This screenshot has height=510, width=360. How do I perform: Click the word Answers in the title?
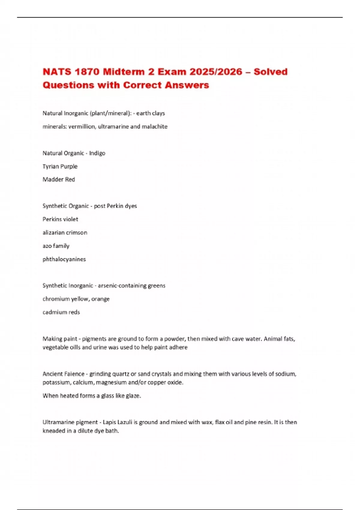pyautogui.click(x=187, y=85)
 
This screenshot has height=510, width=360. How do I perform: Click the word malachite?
pyautogui.click(x=154, y=127)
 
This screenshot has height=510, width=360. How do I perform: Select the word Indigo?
pyautogui.click(x=97, y=153)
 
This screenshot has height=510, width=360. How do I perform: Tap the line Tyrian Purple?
pyautogui.click(x=60, y=166)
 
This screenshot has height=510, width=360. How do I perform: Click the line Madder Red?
pyautogui.click(x=59, y=179)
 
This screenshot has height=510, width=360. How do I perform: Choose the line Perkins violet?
pyautogui.click(x=60, y=219)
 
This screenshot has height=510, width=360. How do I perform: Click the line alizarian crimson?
pyautogui.click(x=65, y=232)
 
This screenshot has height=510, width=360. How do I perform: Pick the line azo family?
pyautogui.click(x=56, y=246)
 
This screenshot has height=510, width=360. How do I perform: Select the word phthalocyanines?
pyautogui.click(x=64, y=259)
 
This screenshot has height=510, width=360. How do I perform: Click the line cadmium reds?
pyautogui.click(x=61, y=312)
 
